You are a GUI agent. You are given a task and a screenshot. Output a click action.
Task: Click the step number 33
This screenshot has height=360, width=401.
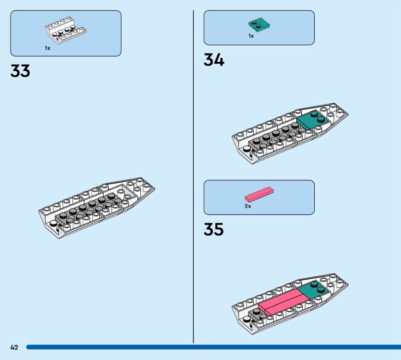click(x=20, y=71)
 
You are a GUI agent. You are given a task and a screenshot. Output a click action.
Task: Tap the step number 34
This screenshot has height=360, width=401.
click(x=214, y=60)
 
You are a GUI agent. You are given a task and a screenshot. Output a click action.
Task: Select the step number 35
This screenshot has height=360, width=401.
click(x=214, y=229)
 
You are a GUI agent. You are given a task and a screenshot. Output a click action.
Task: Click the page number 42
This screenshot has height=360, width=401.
click(x=14, y=347)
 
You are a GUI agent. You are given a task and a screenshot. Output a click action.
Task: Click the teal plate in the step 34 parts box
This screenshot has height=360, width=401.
click(x=259, y=24)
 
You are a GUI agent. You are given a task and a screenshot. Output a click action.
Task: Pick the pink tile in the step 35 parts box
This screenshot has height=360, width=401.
click(x=259, y=195)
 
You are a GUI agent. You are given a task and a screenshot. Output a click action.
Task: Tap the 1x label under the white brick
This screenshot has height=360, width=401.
click(x=47, y=48)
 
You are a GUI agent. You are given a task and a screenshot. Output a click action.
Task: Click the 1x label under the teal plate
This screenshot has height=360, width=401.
click(x=251, y=36)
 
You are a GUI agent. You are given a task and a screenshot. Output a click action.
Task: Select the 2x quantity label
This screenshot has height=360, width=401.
click(x=248, y=206)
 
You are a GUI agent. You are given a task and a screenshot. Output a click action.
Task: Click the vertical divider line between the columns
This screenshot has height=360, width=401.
click(x=193, y=175)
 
